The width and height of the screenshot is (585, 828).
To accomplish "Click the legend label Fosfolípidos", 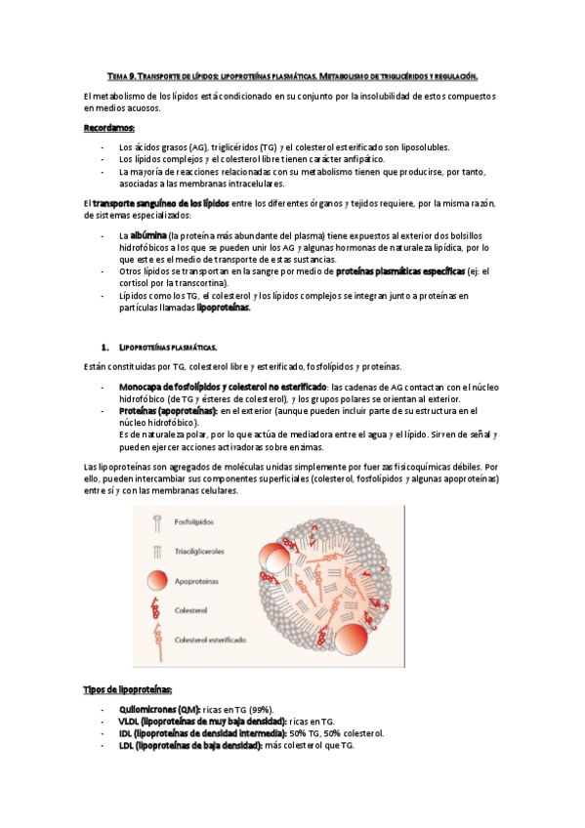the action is (x=195, y=523).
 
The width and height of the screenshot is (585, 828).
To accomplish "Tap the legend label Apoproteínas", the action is (x=198, y=582).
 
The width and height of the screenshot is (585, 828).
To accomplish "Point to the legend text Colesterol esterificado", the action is (x=211, y=641).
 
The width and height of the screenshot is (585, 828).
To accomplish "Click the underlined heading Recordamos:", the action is (x=109, y=128).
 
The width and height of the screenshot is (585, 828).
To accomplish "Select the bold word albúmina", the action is (x=147, y=236).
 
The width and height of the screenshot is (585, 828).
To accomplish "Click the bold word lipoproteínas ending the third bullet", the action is (x=224, y=308).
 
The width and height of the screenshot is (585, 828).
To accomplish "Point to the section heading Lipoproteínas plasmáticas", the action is (x=167, y=347).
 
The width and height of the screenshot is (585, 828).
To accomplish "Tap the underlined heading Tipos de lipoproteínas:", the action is (x=128, y=689).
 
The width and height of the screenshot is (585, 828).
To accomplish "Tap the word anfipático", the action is (x=356, y=159).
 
